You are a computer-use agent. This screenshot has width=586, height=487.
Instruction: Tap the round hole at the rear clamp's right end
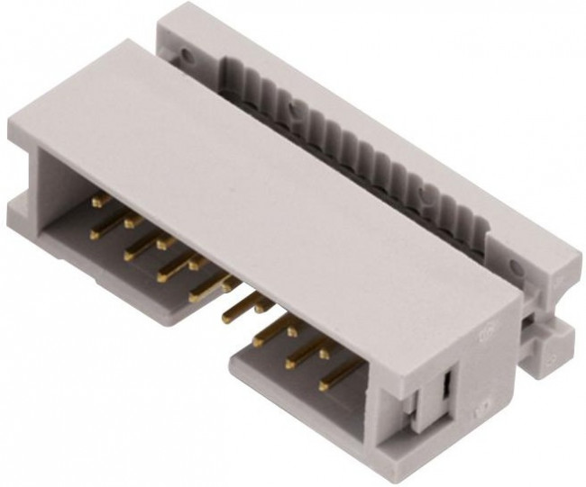(x=515, y=266)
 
